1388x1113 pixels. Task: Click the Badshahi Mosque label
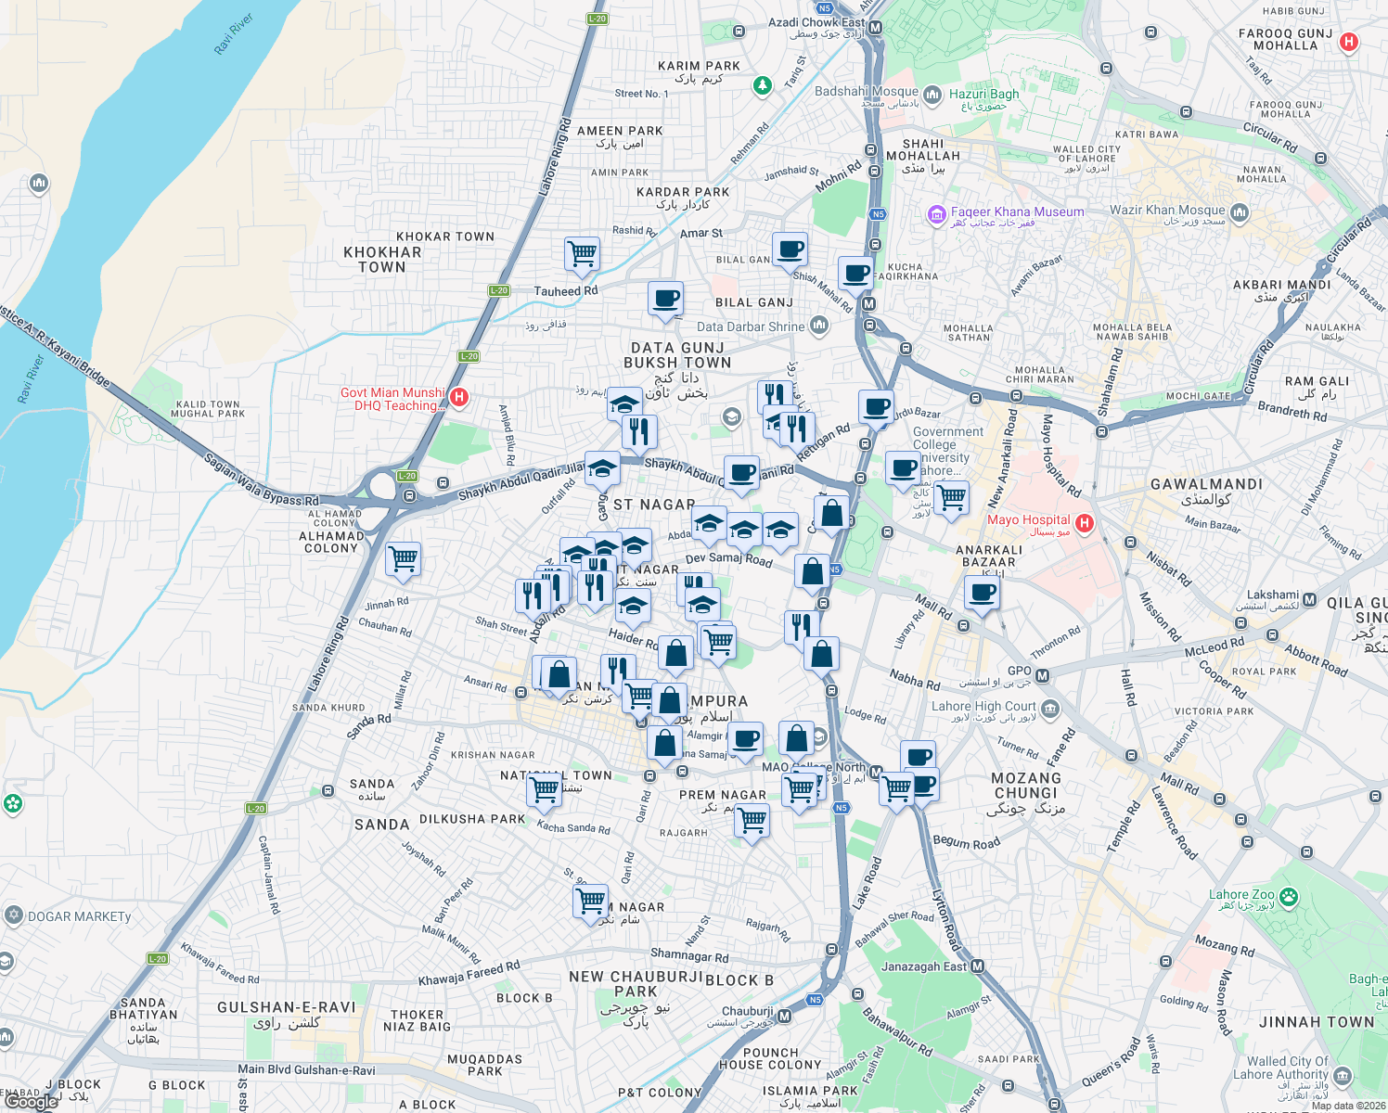pyautogui.click(x=866, y=92)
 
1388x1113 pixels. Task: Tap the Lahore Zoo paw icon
pyautogui.click(x=1288, y=897)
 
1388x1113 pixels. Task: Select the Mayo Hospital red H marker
pyautogui.click(x=1084, y=523)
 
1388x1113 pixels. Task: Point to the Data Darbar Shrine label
pyautogui.click(x=751, y=326)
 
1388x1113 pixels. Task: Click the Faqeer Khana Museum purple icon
pyautogui.click(x=936, y=216)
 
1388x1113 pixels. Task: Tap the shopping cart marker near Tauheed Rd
pyautogui.click(x=582, y=253)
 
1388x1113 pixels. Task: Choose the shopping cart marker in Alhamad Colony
pyautogui.click(x=403, y=559)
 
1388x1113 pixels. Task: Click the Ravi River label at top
pyautogui.click(x=234, y=34)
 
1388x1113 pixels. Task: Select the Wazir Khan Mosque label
pyautogui.click(x=1167, y=211)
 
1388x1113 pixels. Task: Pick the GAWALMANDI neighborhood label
pyautogui.click(x=1206, y=484)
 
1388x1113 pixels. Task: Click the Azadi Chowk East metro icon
pyautogui.click(x=875, y=28)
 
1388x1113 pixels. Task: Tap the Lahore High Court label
pyautogui.click(x=983, y=707)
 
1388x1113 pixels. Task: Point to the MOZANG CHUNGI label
pyautogui.click(x=1025, y=786)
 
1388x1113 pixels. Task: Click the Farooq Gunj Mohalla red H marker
pyautogui.click(x=1349, y=42)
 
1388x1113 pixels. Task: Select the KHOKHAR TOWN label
pyautogui.click(x=382, y=260)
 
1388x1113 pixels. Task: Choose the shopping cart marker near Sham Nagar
pyautogui.click(x=591, y=901)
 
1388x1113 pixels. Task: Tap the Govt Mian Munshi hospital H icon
pyautogui.click(x=458, y=398)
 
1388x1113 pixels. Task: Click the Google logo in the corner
pyautogui.click(x=31, y=1102)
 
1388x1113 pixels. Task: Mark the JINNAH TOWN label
pyautogui.click(x=1317, y=1022)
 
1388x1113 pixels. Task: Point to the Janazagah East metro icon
pyautogui.click(x=977, y=967)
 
